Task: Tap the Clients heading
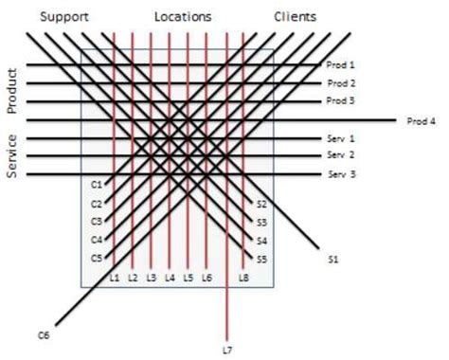coord(296,17)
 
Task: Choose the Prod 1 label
coord(340,64)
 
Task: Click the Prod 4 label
coord(422,121)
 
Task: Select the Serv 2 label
coord(340,155)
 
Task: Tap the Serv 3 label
coord(340,174)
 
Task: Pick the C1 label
coord(96,182)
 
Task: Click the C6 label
coord(43,333)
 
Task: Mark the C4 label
coord(96,239)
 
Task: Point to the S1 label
coord(333,258)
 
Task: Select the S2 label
coord(262,205)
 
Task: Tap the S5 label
coord(262,258)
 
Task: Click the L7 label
coord(226,350)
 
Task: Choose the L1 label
coord(114,278)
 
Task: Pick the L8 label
coord(244,278)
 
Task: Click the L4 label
coord(170,278)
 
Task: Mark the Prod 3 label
coord(340,101)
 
